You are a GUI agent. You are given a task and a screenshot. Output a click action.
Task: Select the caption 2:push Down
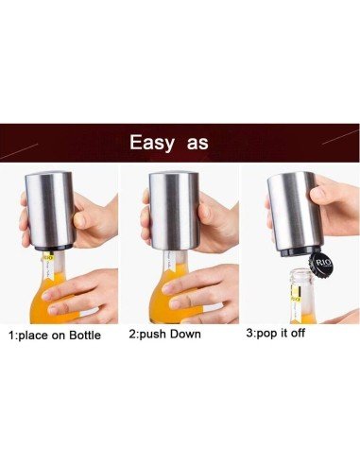click(x=177, y=335)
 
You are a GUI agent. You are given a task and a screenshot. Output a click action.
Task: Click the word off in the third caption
click(x=324, y=334)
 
